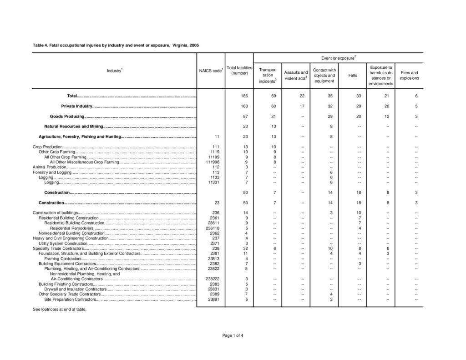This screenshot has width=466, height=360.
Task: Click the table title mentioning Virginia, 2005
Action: click(116, 46)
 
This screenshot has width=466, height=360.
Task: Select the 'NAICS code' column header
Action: click(211, 71)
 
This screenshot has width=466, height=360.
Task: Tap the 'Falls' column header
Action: click(352, 75)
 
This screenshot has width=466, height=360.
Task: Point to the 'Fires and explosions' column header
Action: click(409, 75)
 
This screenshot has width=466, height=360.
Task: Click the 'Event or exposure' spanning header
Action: click(338, 59)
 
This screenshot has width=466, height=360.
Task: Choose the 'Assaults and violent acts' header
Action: click(296, 75)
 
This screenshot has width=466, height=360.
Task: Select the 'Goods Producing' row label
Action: click(67, 117)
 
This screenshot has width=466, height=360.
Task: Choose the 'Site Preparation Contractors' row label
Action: click(70, 299)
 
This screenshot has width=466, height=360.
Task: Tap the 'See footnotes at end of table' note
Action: click(59, 309)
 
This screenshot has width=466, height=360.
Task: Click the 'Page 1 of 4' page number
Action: click(233, 335)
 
